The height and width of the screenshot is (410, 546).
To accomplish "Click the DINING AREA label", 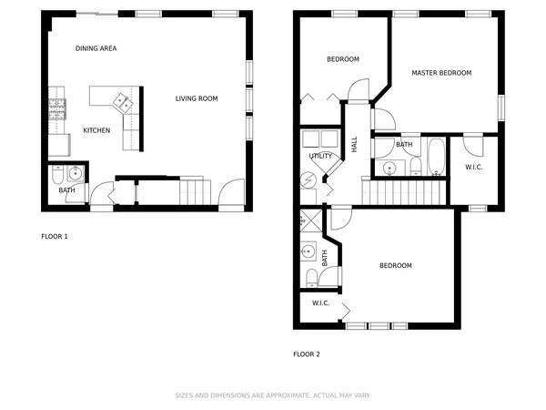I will click(x=96, y=48).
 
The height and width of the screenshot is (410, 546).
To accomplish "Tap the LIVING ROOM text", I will click(x=197, y=98).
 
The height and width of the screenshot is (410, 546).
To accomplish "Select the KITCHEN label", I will click(x=96, y=130).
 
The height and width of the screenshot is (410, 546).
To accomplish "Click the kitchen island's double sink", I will click(x=120, y=99).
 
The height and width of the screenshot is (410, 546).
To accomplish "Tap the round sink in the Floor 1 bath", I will click(x=75, y=173).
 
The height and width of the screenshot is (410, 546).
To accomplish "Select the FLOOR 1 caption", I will click(x=55, y=237).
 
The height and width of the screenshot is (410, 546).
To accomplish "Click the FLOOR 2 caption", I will click(x=306, y=354).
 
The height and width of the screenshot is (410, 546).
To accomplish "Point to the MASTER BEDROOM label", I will click(x=441, y=73).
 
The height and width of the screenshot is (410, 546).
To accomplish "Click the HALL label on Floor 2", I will click(x=354, y=143).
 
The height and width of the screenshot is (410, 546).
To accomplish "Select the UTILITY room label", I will click(x=320, y=156).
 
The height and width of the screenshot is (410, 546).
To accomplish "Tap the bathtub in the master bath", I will click(x=436, y=157).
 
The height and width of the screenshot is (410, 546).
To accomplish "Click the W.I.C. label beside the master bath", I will click(x=474, y=167).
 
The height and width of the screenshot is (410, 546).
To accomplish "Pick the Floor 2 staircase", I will click(x=405, y=192).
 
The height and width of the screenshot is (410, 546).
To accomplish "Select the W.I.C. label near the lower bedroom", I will click(x=320, y=302).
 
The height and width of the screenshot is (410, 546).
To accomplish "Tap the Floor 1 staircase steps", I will click(x=193, y=191).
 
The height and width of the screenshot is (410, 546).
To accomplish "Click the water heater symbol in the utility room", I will click(x=308, y=179).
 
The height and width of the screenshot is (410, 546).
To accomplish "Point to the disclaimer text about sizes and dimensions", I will click(x=272, y=396).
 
